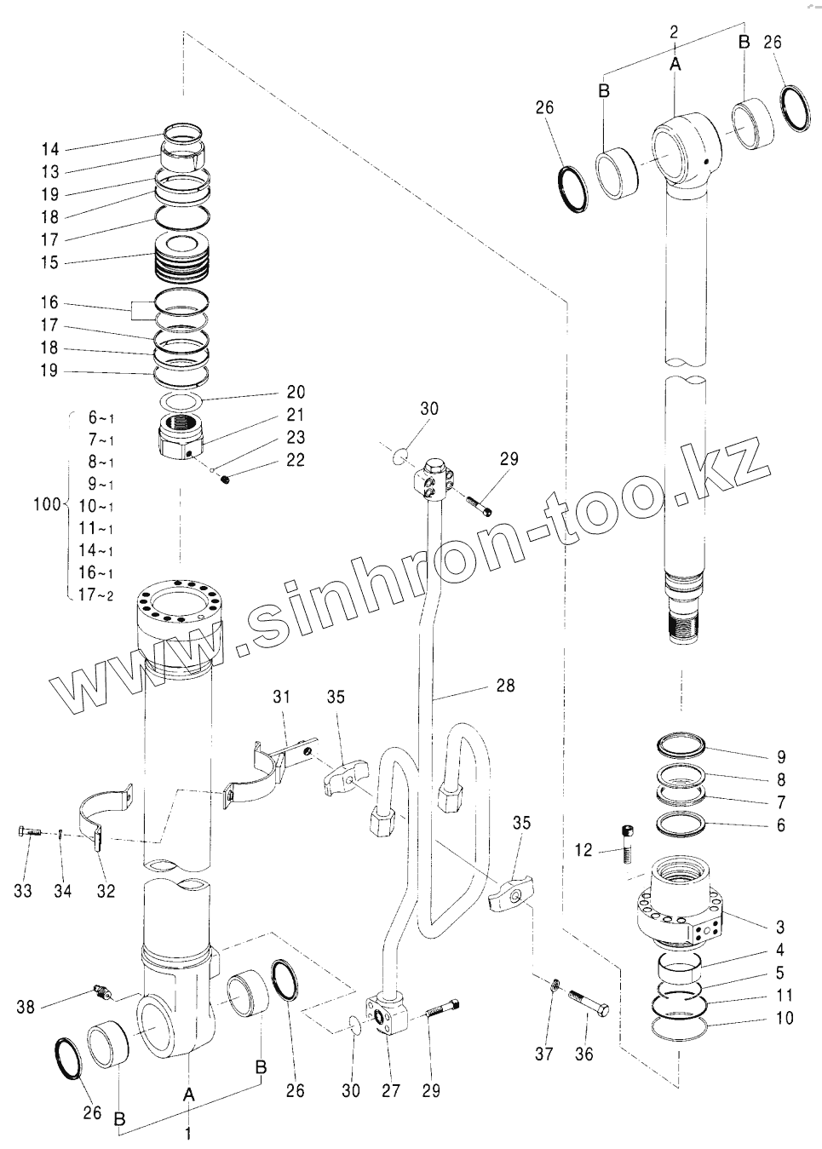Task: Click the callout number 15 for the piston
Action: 49,262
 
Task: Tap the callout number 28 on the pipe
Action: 505,685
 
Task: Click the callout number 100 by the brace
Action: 47,504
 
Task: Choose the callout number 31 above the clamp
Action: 282,697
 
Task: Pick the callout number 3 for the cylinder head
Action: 780,928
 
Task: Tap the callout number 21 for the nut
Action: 295,415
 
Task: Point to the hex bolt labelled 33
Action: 27,831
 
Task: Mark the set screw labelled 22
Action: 226,483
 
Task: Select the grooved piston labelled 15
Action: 181,260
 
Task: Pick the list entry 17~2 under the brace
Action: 95,595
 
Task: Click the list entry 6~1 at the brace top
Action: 101,417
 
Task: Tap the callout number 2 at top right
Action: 674,32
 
